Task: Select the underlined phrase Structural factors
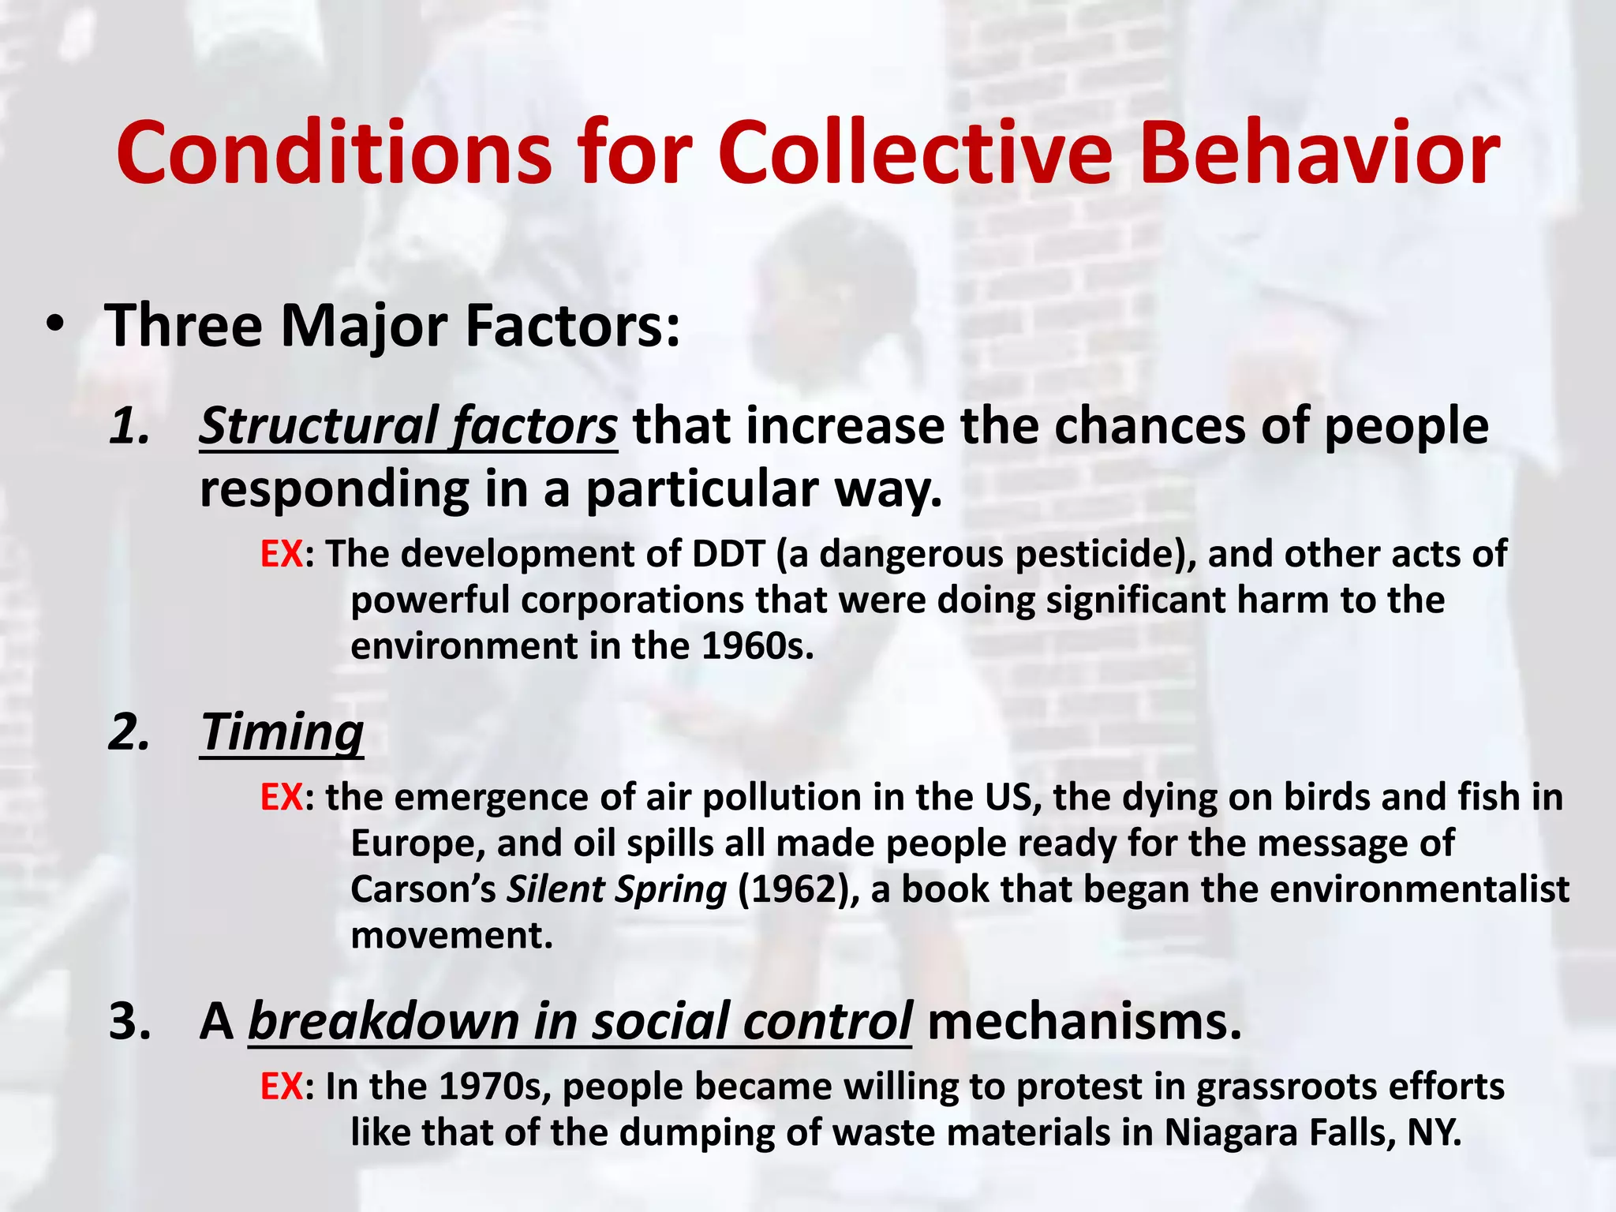pyautogui.click(x=408, y=426)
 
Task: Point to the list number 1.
pyautogui.click(x=129, y=426)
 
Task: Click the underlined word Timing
pyautogui.click(x=282, y=731)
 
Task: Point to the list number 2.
pyautogui.click(x=129, y=731)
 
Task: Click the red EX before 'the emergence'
pyautogui.click(x=281, y=797)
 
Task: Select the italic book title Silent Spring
pyautogui.click(x=616, y=889)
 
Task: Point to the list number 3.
pyautogui.click(x=129, y=1021)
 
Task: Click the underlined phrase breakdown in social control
pyautogui.click(x=580, y=1021)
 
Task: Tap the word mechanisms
pyautogui.click(x=1084, y=1021)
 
